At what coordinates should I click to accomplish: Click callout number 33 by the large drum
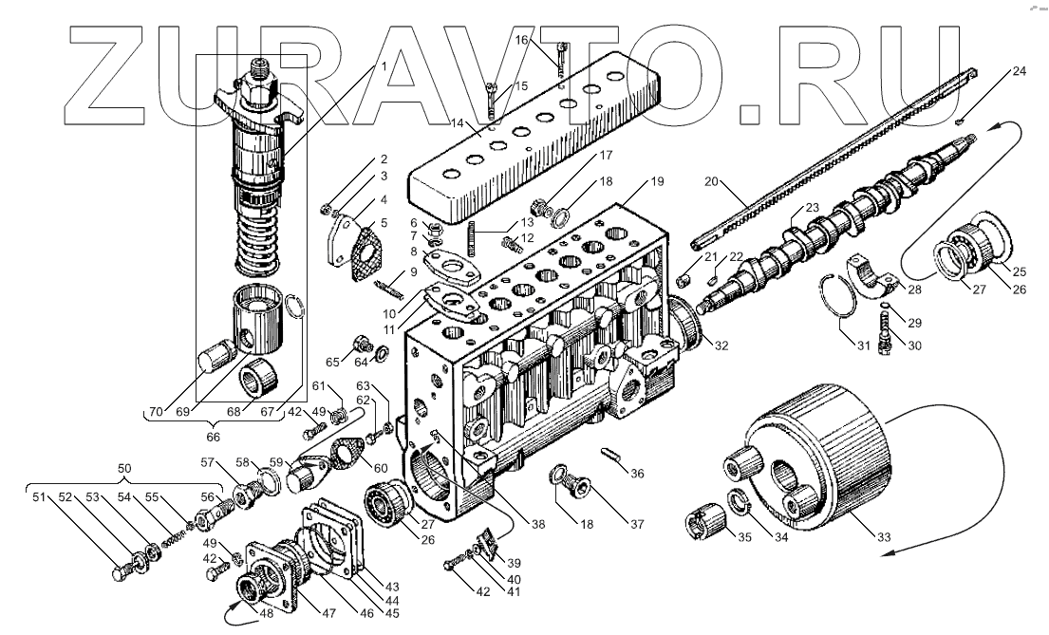(885, 538)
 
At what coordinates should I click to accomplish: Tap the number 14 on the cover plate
(457, 124)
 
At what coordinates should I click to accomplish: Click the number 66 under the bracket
(214, 438)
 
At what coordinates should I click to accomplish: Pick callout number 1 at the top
(384, 66)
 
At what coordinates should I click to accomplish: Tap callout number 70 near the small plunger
(155, 411)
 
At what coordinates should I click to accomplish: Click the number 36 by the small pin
(637, 474)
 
